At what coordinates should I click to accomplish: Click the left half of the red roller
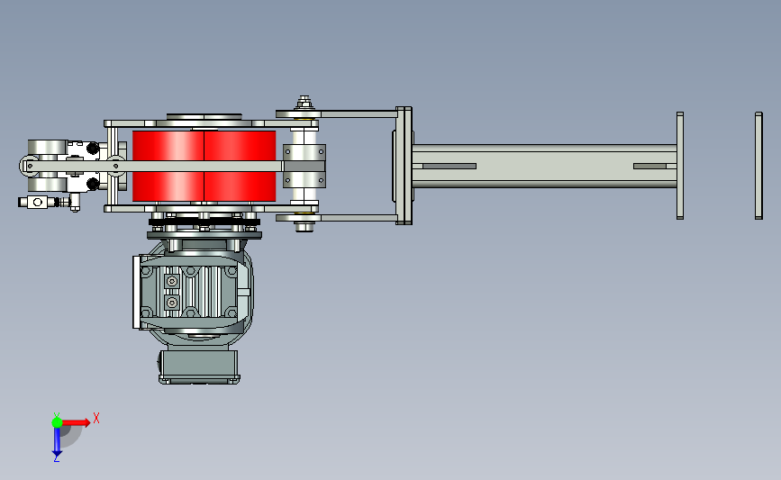pyautogui.click(x=168, y=166)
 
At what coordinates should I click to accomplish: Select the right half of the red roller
pyautogui.click(x=240, y=166)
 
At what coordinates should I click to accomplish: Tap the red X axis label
pyautogui.click(x=96, y=418)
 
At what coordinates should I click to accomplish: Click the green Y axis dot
pyautogui.click(x=57, y=422)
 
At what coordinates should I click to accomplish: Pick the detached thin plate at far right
pyautogui.click(x=758, y=166)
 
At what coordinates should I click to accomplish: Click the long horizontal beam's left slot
pyautogui.click(x=450, y=167)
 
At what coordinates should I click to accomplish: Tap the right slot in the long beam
pyautogui.click(x=650, y=167)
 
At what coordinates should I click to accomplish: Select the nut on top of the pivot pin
pyautogui.click(x=304, y=103)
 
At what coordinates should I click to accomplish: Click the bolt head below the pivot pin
pyautogui.click(x=304, y=228)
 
